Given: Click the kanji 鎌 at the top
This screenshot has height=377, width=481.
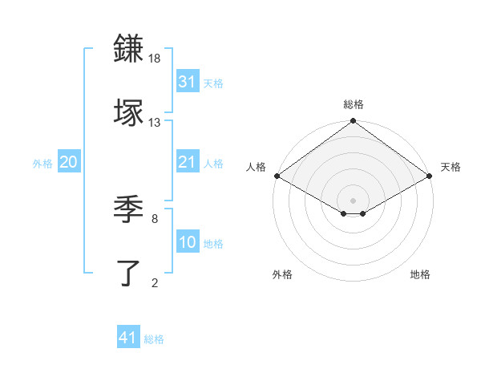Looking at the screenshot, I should click(130, 48).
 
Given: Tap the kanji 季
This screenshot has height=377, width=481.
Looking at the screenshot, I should click(130, 209).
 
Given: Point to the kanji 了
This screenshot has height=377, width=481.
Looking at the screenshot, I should click(130, 273).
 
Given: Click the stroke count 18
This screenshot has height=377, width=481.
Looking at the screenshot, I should click(156, 59).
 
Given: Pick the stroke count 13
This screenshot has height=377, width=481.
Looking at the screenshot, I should click(155, 122).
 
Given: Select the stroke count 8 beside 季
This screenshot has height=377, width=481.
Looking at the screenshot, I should click(154, 217).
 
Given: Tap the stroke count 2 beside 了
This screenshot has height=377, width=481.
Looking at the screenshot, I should click(154, 282).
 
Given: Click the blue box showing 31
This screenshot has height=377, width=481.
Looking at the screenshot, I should click(187, 82).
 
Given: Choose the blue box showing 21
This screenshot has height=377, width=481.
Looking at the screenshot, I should click(187, 162).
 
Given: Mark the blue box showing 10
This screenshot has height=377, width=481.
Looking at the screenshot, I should click(187, 242).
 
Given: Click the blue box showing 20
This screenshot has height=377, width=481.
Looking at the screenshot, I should click(69, 162).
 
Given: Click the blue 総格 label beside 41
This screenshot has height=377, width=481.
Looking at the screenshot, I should click(154, 339).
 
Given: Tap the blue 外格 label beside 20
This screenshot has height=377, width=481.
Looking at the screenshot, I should click(42, 164).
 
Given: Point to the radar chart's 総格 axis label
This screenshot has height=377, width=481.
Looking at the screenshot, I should click(354, 104).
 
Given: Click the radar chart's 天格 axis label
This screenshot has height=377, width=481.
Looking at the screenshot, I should click(451, 167).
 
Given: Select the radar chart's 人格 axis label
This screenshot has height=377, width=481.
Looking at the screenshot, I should click(256, 167).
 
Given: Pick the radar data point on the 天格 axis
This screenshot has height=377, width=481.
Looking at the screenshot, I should click(430, 176).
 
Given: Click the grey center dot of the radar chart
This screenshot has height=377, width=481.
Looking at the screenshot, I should click(354, 200).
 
